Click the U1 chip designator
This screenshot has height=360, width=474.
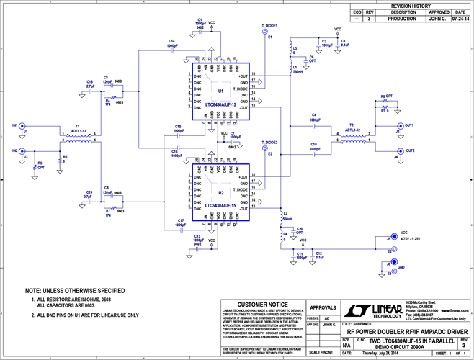tap(220, 91)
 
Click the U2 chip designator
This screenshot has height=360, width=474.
tap(220, 193)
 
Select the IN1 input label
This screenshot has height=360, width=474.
tap(14, 126)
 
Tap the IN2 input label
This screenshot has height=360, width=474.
tap(14, 150)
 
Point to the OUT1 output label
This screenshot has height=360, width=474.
tap(410, 125)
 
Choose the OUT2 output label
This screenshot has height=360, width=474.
tap(410, 150)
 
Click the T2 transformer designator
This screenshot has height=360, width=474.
tap(350, 125)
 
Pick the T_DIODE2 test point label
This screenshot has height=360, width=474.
tap(270, 143)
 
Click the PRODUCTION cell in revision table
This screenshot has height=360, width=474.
tap(403, 19)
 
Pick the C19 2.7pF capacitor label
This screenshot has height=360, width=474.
tap(88, 192)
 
